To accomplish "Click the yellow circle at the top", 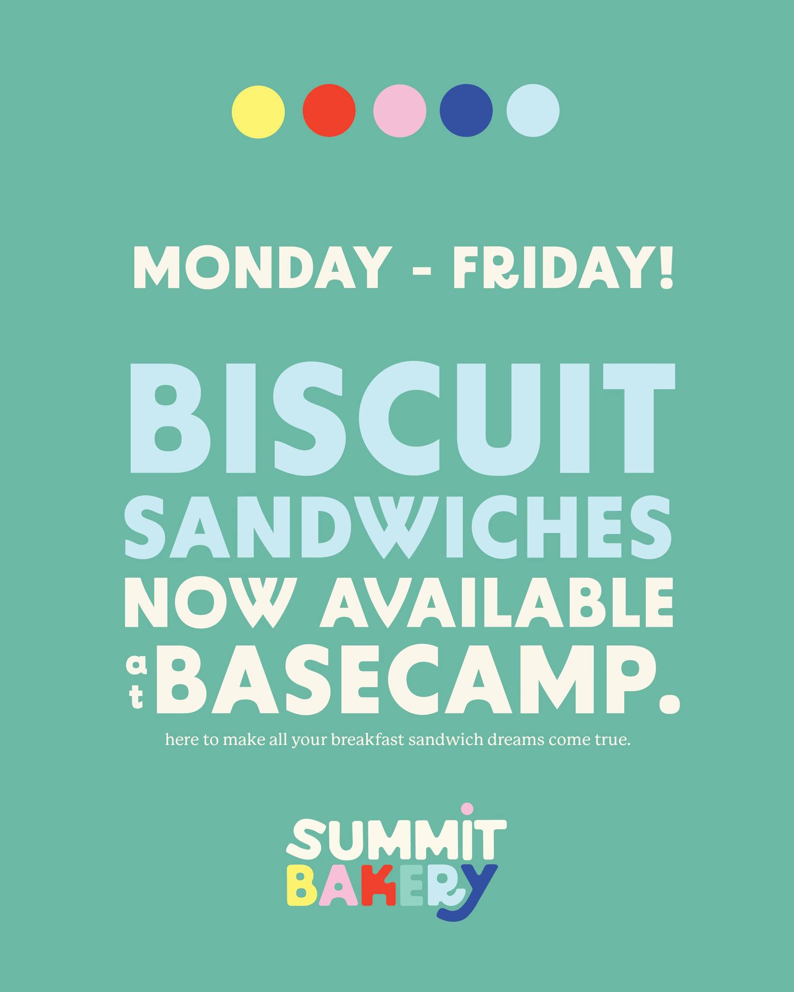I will pos(258,112).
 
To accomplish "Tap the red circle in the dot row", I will pos(329,110).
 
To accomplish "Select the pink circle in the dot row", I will pos(400,111).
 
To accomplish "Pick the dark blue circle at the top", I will pos(466,110).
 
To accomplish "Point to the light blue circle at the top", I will pos(533,110).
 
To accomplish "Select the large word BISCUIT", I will pos(402,418).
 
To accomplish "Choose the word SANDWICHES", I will pos(398,527).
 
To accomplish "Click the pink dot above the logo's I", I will pos(467,809).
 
